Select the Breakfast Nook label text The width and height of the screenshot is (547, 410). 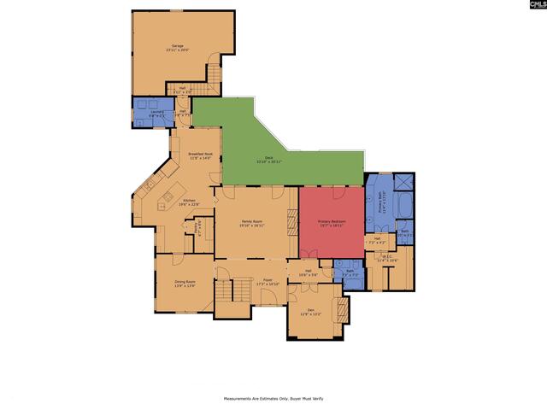(200, 155)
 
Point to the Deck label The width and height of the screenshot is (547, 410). (268, 159)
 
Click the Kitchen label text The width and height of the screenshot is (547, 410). (188, 202)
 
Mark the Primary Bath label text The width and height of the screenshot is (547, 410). (381, 202)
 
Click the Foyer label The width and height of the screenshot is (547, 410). (268, 282)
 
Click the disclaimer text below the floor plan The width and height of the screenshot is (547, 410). (273, 398)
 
